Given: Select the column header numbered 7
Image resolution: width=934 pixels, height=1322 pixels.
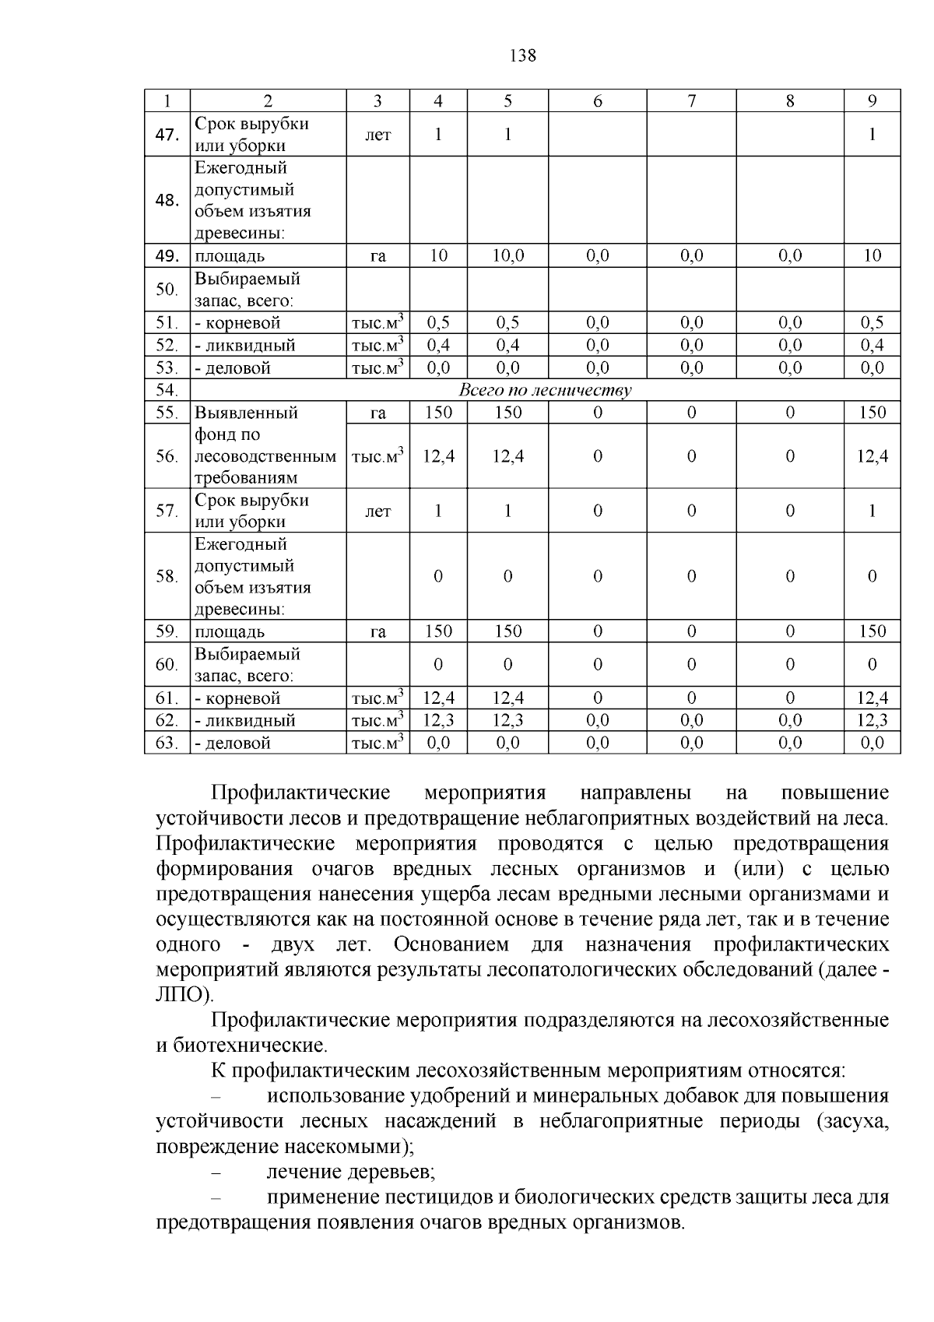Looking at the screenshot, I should (x=691, y=100).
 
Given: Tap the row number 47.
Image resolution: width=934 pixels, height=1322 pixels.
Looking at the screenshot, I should (x=167, y=135).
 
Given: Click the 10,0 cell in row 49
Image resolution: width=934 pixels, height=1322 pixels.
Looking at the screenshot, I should (x=507, y=255).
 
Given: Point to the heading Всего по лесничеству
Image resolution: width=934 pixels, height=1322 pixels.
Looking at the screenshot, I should (x=545, y=390).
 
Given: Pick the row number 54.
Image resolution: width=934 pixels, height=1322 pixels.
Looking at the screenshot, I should (x=167, y=390).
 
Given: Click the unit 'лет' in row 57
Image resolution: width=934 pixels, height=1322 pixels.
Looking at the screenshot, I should (x=378, y=511).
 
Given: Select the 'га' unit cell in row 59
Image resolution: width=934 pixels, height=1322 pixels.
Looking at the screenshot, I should (x=378, y=631).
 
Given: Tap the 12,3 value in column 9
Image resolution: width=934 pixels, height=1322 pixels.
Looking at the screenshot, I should (x=872, y=720).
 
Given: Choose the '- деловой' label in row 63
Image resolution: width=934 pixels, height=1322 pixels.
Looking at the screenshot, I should (x=233, y=743).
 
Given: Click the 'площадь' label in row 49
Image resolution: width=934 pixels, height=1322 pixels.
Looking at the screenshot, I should (x=230, y=256).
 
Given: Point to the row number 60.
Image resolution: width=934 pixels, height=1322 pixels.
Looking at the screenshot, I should (x=167, y=664).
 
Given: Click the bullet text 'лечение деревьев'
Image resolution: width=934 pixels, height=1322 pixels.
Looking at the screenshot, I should (x=350, y=1172).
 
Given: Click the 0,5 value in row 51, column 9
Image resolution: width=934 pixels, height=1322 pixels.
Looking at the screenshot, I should (x=872, y=322).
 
